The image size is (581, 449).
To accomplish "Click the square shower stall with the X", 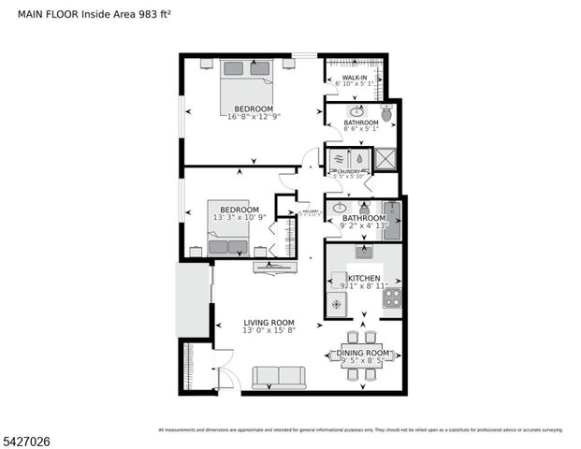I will [x=385, y=159].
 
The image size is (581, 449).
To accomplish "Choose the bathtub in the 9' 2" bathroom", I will [x=392, y=221].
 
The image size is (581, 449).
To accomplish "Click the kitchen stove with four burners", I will [x=392, y=297].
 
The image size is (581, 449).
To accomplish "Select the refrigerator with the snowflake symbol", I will [x=337, y=304].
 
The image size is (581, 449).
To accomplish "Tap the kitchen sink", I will [x=363, y=252].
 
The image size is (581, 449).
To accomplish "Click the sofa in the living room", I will [x=278, y=377].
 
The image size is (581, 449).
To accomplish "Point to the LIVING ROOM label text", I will [x=269, y=323].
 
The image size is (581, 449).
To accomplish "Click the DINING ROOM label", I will [x=363, y=352].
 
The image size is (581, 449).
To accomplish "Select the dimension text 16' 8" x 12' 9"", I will [x=254, y=117].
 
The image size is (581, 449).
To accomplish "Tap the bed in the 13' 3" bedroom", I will [x=228, y=239].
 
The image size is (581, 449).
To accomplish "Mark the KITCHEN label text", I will [x=364, y=279].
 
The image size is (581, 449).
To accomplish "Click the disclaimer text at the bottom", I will [x=360, y=429].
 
